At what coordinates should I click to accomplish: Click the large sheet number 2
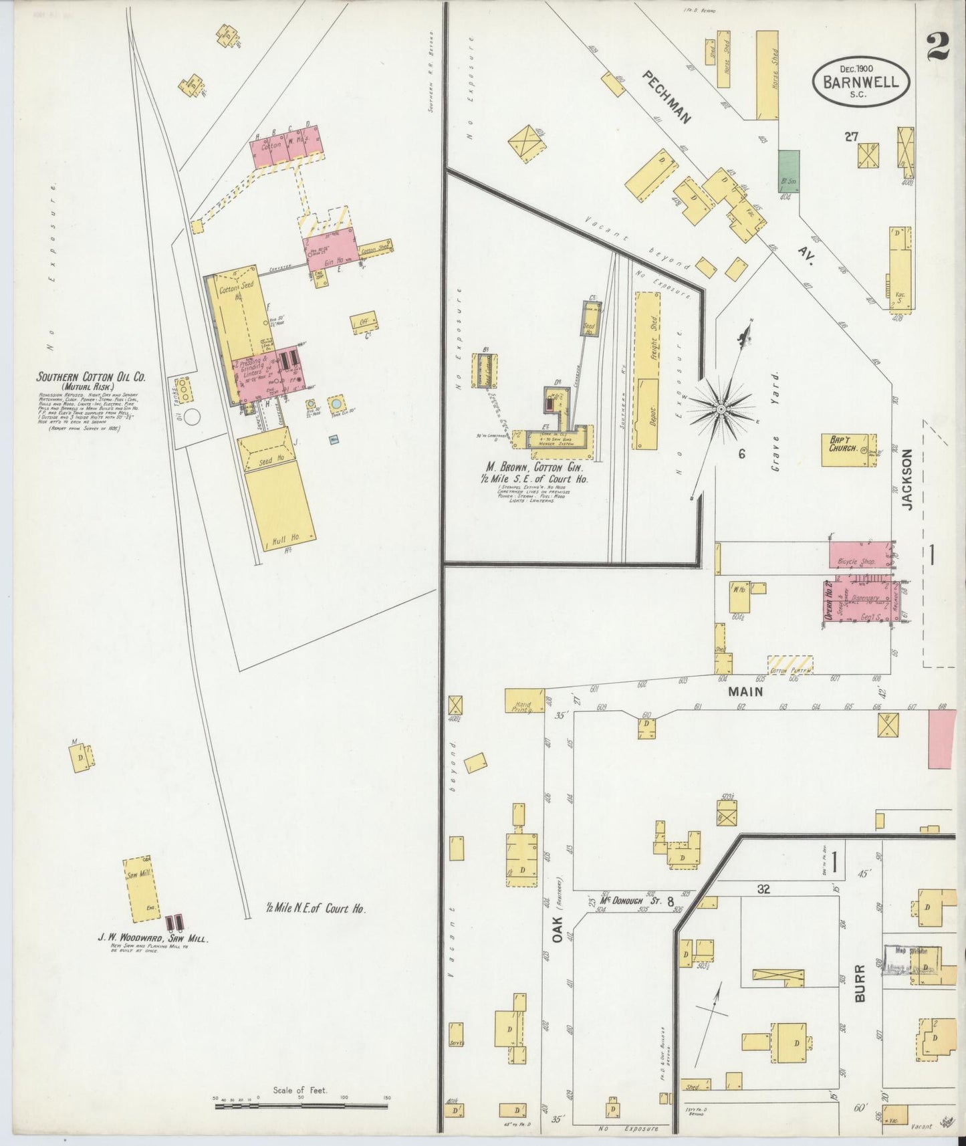click(938, 47)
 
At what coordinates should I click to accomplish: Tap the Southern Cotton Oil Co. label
click(91, 377)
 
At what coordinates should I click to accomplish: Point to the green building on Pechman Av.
click(789, 170)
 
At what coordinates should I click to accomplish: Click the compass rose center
click(721, 407)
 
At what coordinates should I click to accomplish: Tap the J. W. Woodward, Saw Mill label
click(154, 939)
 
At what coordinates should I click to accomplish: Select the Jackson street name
click(907, 479)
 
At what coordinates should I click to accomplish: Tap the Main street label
click(745, 692)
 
